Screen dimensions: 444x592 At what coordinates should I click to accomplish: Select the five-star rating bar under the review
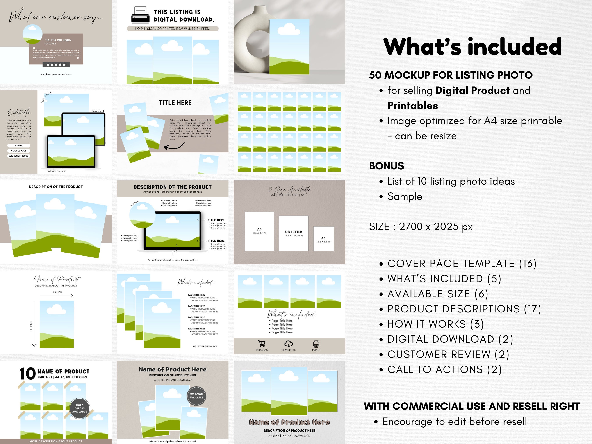click(x=56, y=64)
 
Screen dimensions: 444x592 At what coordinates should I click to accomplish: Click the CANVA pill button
click(x=19, y=146)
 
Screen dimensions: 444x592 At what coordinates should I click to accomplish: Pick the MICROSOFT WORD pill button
click(x=19, y=156)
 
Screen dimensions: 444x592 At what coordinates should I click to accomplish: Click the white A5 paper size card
click(x=323, y=239)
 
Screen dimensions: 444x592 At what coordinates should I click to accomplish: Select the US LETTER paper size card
click(x=293, y=233)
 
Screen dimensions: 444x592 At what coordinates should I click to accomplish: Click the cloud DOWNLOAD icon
click(x=289, y=344)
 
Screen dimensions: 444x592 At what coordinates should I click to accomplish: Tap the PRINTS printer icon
click(x=316, y=344)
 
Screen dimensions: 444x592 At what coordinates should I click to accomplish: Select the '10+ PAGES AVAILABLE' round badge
click(x=196, y=396)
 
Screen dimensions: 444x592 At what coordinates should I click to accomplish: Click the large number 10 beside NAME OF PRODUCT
click(x=28, y=374)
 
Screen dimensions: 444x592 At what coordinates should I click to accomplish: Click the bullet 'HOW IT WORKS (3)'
click(x=435, y=324)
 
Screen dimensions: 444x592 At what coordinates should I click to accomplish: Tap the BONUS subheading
click(x=387, y=166)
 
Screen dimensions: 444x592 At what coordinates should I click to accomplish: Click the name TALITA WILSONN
click(x=58, y=40)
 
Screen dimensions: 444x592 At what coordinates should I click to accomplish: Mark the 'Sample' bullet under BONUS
click(x=405, y=196)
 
